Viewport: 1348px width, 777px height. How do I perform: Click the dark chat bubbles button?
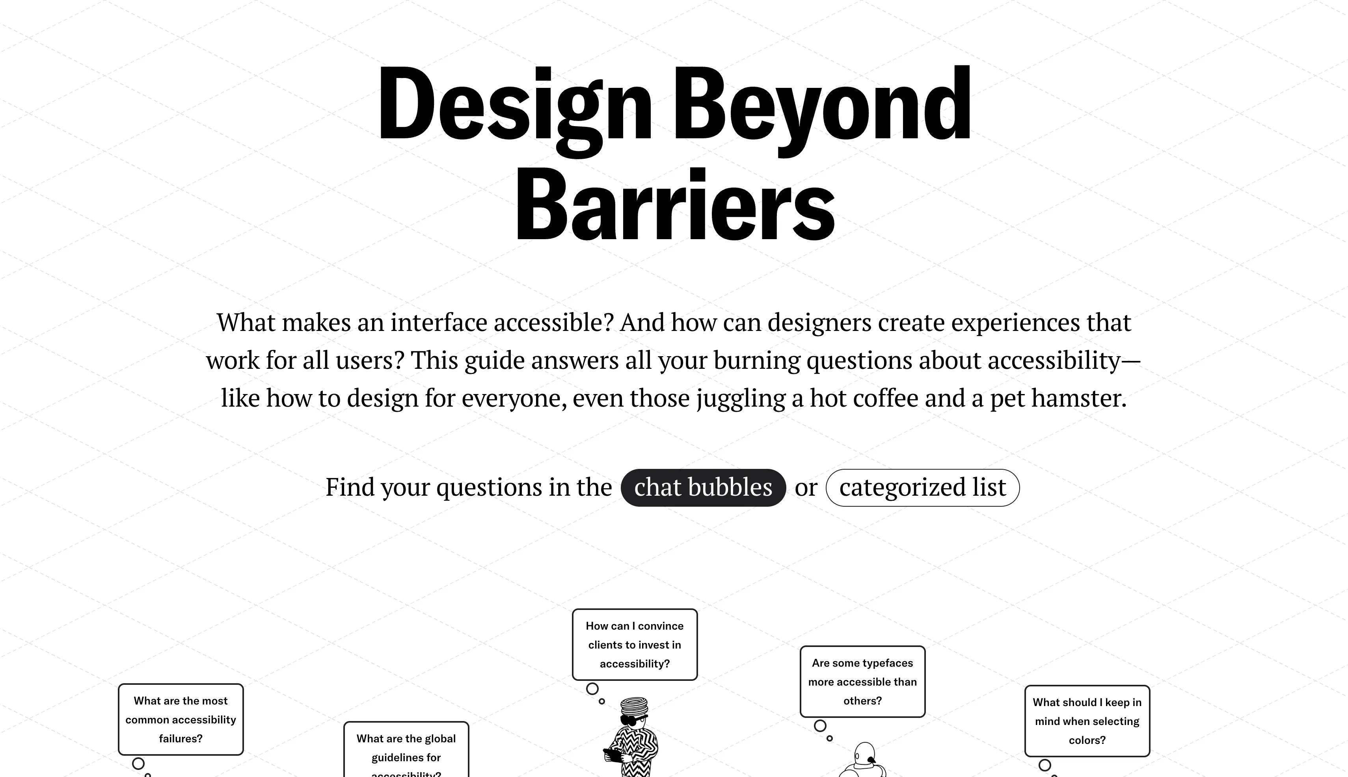click(703, 487)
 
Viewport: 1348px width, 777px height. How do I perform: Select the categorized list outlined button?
click(922, 487)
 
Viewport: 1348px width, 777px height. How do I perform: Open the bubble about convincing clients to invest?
click(635, 645)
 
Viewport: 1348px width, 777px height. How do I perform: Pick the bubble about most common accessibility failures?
click(181, 719)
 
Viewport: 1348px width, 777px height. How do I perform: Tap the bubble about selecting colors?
click(1087, 721)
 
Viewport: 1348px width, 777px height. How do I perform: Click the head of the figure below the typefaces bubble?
click(864, 755)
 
